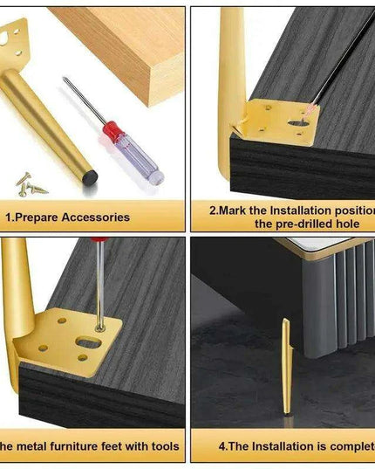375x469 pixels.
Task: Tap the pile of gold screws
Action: [30, 183]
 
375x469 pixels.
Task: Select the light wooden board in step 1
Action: [131, 48]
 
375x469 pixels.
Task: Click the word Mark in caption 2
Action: [235, 210]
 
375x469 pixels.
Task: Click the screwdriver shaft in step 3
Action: [100, 279]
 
